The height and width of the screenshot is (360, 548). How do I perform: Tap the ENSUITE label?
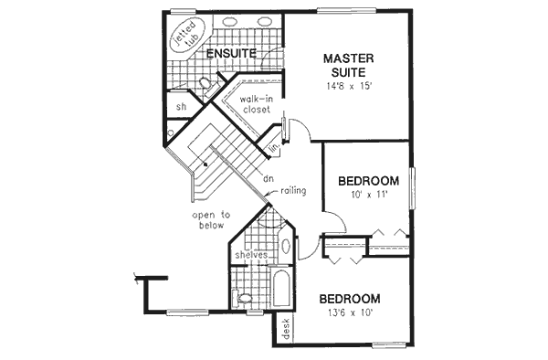point(229,54)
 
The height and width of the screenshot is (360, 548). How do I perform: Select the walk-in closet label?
point(257,103)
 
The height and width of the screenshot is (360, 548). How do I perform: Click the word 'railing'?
point(292,190)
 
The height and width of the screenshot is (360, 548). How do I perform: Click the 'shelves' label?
point(250,255)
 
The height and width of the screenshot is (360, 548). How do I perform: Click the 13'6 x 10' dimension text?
point(349,313)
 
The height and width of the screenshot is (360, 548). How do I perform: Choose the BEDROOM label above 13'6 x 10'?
point(349,298)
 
